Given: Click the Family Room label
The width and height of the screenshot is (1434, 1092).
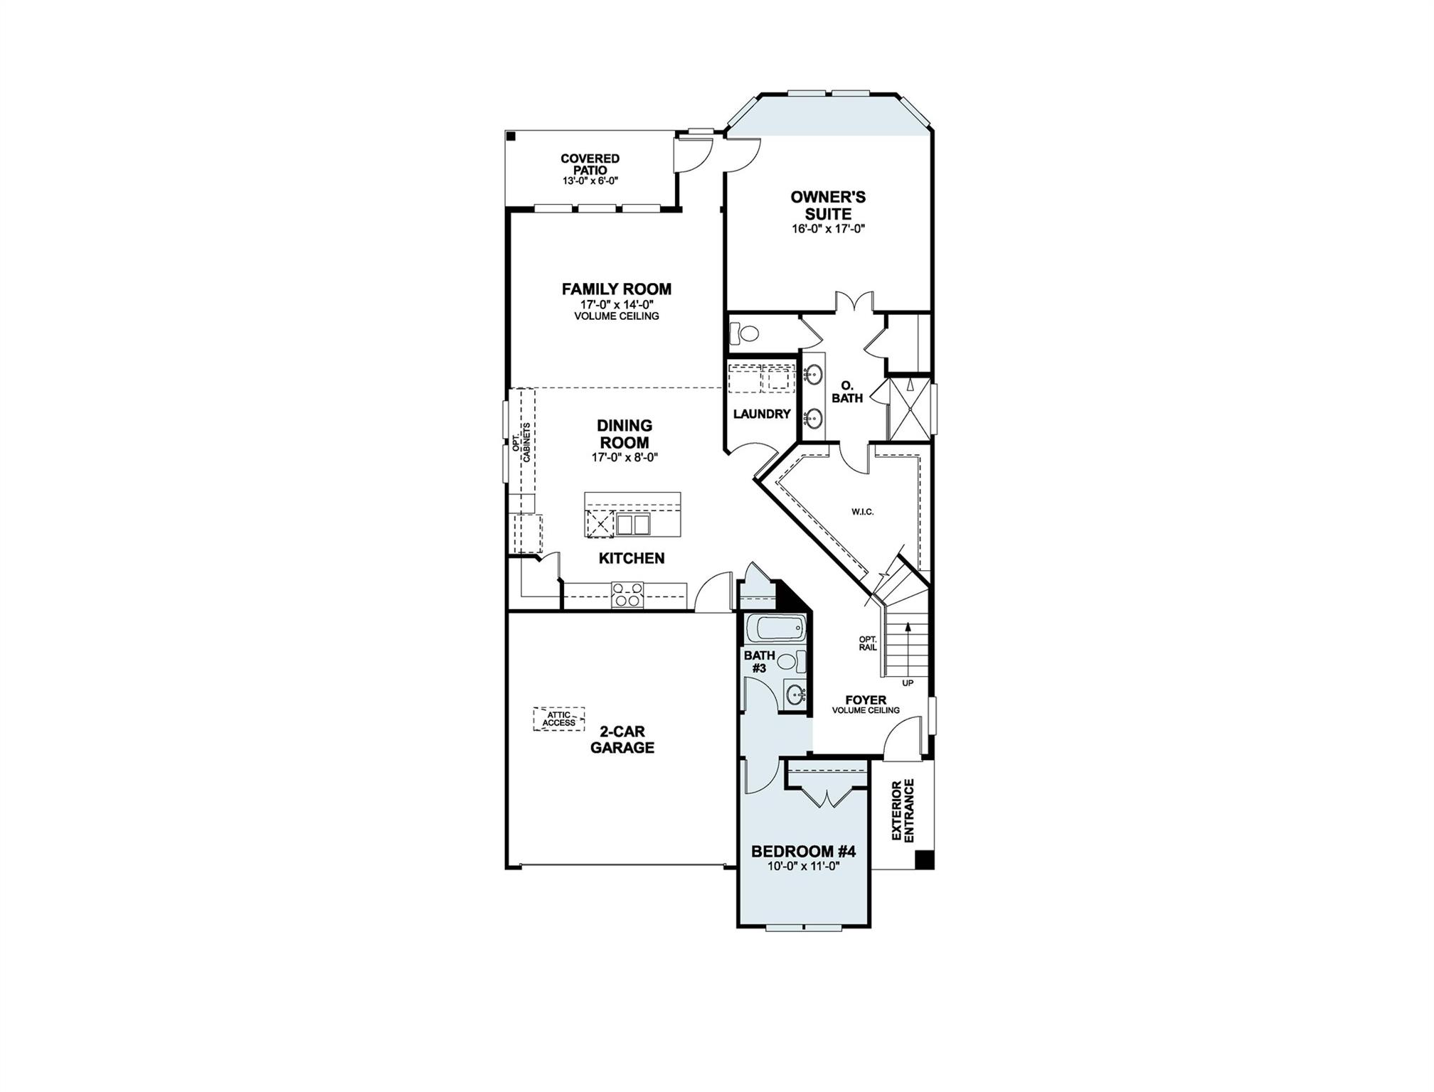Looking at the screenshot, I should (x=616, y=289).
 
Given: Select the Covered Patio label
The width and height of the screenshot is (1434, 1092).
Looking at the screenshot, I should (x=590, y=164).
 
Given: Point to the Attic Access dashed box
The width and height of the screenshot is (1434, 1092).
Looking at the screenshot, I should (x=559, y=719).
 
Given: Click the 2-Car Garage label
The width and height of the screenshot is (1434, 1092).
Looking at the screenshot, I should (x=622, y=739).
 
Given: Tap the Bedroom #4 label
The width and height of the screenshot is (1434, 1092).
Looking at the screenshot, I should (x=803, y=851).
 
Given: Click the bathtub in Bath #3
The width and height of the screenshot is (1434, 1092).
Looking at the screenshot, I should (x=778, y=628).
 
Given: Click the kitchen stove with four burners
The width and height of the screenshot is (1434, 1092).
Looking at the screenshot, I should (x=627, y=594).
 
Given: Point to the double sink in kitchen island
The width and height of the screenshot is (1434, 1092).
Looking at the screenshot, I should (x=633, y=525).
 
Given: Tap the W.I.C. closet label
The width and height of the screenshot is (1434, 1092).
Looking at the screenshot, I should (x=862, y=512).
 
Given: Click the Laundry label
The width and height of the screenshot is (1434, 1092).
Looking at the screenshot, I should (x=762, y=414).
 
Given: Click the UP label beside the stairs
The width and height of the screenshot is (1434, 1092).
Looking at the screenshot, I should (x=908, y=683).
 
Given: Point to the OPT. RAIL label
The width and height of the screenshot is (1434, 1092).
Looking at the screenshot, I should (x=868, y=643).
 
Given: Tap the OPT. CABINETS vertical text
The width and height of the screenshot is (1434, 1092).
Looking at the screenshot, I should (x=521, y=444).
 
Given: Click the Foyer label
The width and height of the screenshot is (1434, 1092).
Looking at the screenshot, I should (x=866, y=700).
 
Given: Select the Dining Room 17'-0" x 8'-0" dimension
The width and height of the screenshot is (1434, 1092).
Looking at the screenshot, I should (x=624, y=458).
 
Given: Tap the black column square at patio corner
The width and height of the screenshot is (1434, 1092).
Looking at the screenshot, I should (x=510, y=136).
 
